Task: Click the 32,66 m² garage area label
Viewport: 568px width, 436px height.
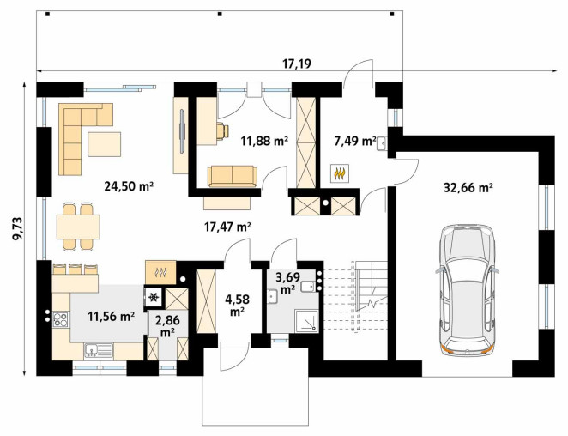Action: pos(468,188)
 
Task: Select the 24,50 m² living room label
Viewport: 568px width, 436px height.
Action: pos(129,186)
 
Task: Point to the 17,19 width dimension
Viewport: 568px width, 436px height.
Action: pos(297,64)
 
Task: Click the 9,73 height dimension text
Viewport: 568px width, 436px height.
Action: pos(17,228)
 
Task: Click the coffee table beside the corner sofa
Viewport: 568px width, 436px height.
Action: pos(104,144)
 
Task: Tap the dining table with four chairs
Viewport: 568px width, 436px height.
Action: pos(78,227)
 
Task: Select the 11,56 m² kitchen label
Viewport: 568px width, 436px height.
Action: pos(112,317)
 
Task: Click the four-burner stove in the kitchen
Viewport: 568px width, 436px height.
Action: pos(60,319)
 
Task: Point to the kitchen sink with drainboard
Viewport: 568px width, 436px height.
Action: pos(99,351)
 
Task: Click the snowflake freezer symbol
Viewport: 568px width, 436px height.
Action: pos(154,297)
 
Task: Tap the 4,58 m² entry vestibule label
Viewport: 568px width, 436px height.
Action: pos(237,306)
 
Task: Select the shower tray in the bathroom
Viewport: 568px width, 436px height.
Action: pos(306,320)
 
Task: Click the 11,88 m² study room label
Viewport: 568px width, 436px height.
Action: pos(264,141)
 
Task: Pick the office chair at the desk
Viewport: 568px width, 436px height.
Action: pos(223,130)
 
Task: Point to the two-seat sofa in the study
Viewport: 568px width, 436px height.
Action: pos(233,177)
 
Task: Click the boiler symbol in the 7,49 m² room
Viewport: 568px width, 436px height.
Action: pos(340,173)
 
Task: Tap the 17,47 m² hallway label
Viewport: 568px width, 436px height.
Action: pos(228,227)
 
